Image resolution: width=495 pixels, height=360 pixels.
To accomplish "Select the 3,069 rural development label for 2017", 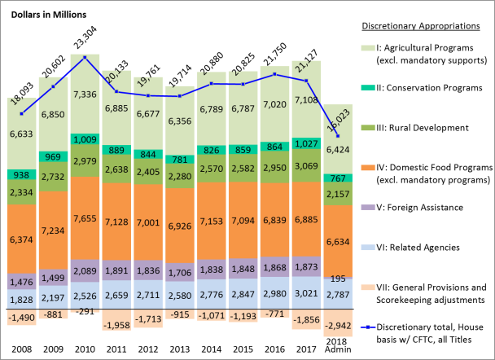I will [305, 165].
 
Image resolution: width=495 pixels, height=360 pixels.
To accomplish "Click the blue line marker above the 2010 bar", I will [85, 57].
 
